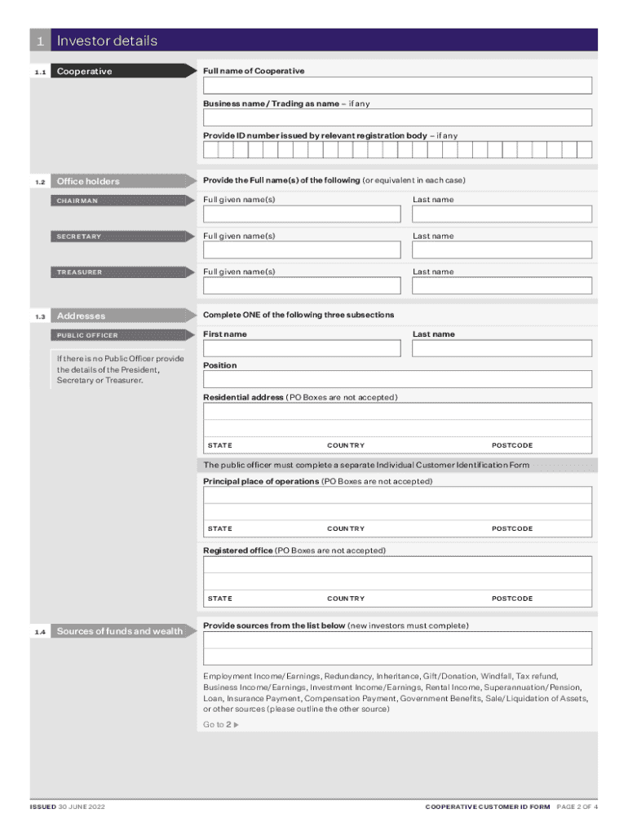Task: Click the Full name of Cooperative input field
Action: [x=397, y=86]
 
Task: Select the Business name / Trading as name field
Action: [x=397, y=118]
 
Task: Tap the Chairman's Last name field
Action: [x=502, y=214]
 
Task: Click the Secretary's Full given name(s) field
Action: [x=302, y=250]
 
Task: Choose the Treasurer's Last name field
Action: [x=502, y=285]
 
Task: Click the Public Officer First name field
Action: [x=302, y=348]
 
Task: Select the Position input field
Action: [x=397, y=379]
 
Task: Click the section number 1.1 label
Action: [x=40, y=72]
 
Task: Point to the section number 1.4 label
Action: [x=40, y=631]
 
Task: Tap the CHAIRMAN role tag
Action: [x=77, y=201]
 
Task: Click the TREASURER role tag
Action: [x=79, y=272]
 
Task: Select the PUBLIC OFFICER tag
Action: [x=87, y=335]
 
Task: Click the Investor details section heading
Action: [x=106, y=41]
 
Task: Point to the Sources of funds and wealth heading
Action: [x=119, y=631]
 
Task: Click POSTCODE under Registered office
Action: [x=511, y=599]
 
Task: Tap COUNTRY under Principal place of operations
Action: [x=346, y=528]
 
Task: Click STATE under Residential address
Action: [x=219, y=445]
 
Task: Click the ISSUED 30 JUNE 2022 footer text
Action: [x=67, y=807]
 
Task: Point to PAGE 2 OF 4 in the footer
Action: [x=577, y=807]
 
